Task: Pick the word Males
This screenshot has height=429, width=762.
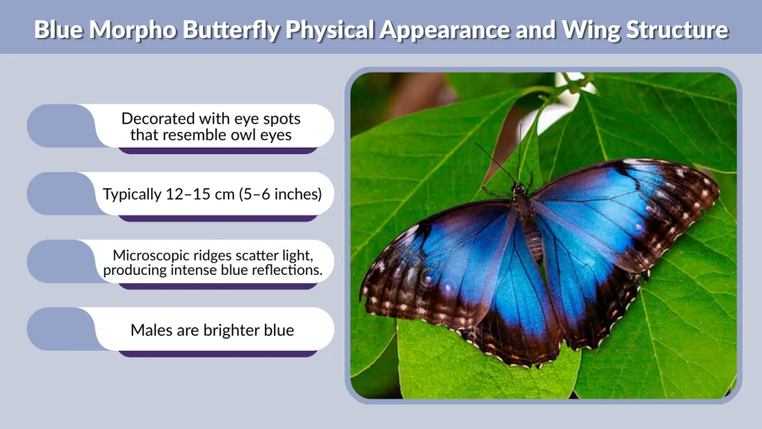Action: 151,330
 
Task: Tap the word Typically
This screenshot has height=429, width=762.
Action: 132,194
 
